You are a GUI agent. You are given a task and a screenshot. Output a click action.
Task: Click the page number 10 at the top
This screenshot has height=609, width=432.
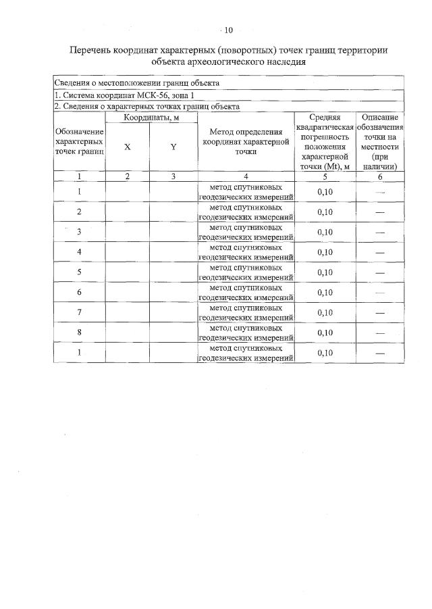coord(227,30)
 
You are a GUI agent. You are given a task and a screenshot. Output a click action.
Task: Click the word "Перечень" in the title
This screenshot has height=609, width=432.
coord(94,51)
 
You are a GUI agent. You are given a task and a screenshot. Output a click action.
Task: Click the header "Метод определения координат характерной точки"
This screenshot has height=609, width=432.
coord(245,142)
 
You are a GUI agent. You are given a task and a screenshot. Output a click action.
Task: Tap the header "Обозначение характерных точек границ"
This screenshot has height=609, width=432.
coord(80,142)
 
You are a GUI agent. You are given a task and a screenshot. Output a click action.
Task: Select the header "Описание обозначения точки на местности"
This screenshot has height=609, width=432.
coord(379,142)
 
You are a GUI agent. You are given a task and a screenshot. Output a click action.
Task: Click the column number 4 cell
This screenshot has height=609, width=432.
coord(246,177)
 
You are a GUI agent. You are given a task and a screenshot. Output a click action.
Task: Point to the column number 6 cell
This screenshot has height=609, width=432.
coord(379,177)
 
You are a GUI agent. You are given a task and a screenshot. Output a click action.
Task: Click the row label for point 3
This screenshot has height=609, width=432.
coord(80,232)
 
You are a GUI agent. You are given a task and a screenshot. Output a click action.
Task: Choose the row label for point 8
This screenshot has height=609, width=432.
coord(80,332)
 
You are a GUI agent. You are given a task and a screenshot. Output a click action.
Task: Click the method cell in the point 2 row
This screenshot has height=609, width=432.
coord(246,212)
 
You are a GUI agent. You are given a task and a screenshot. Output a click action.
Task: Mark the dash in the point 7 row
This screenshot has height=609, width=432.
coord(379,313)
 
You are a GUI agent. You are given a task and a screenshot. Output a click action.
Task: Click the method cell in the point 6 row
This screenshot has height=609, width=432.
coord(246,292)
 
